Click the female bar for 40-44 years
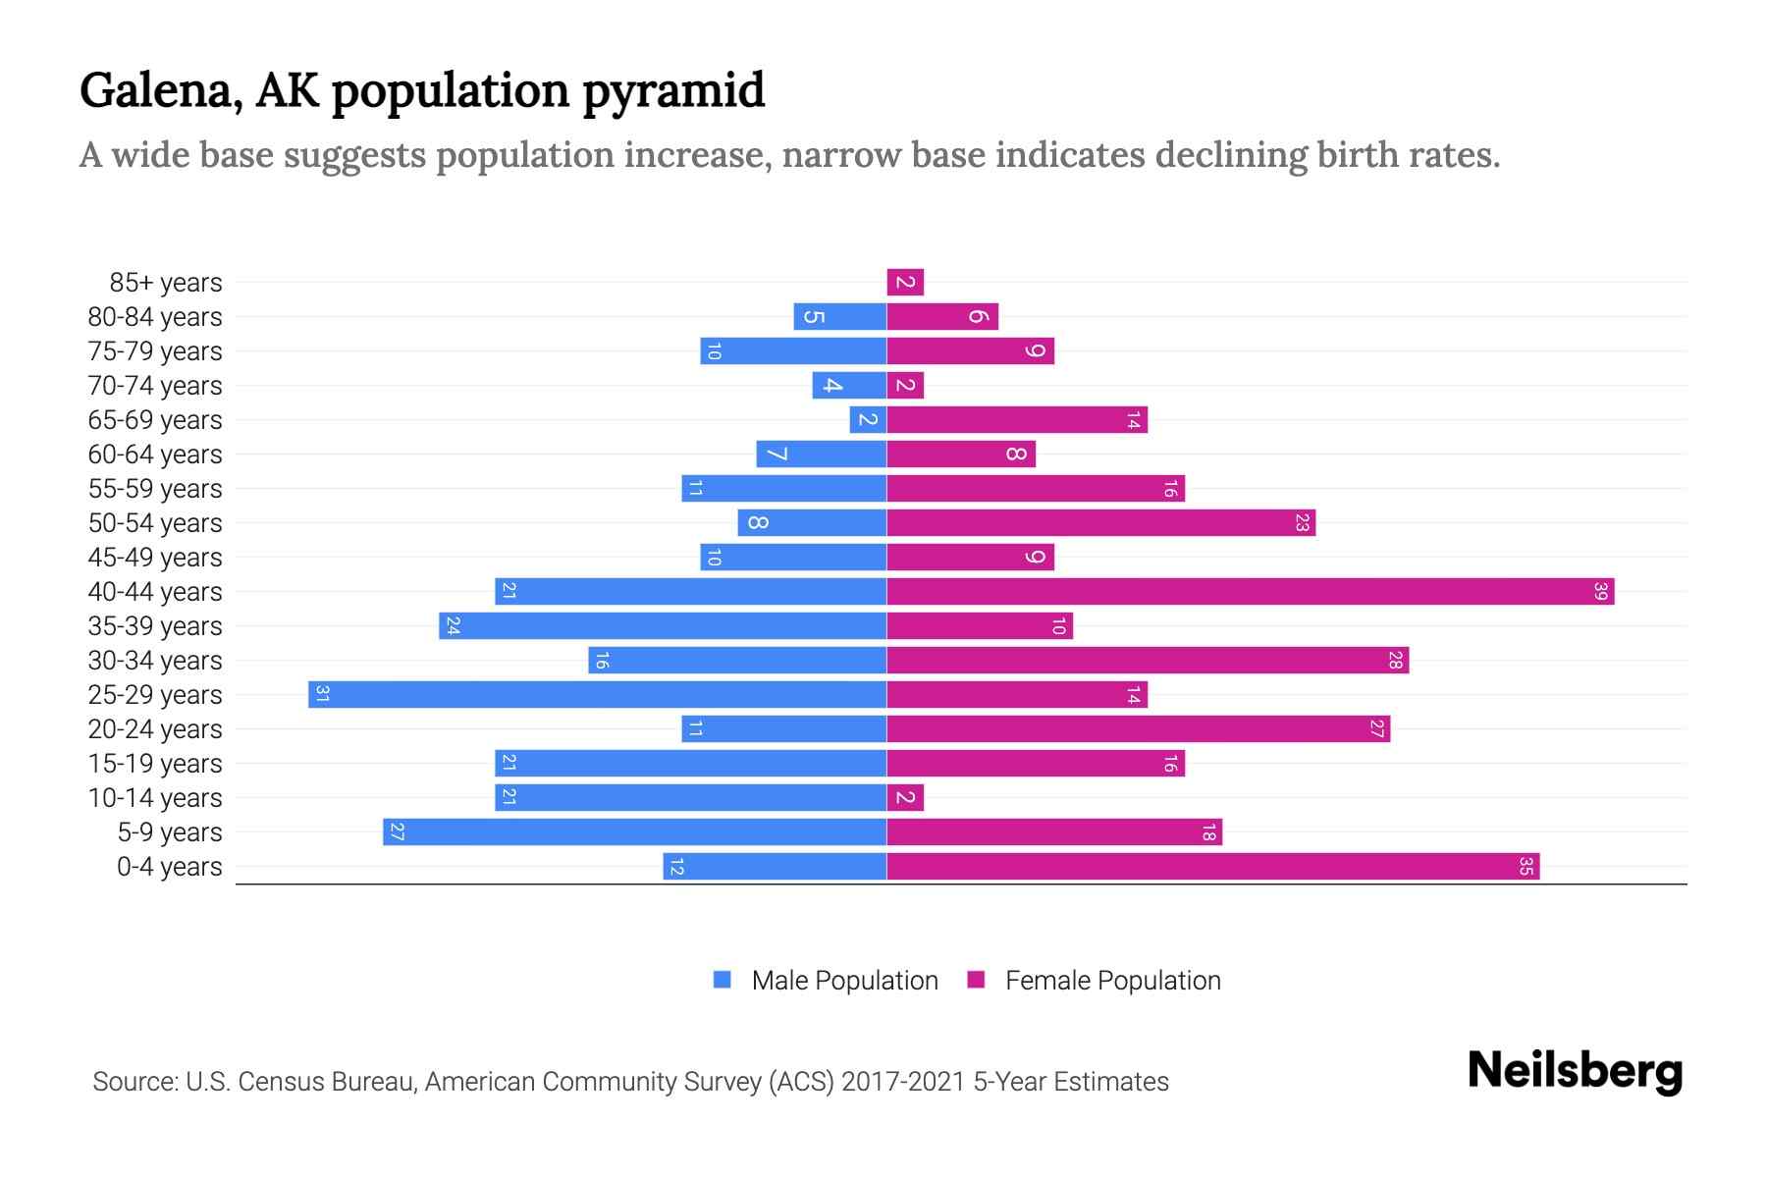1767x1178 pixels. [1250, 592]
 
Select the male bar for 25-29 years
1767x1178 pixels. [597, 695]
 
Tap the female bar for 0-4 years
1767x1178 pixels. [1212, 867]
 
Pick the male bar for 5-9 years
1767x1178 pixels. [634, 832]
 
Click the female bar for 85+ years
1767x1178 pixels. [905, 283]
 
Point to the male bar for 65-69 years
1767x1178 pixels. [868, 420]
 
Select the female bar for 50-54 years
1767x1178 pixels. [1100, 523]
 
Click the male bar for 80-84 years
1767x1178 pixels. [839, 317]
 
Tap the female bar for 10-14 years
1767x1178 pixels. [905, 798]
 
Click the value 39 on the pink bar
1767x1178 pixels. [1601, 592]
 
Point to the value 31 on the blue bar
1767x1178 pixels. [322, 695]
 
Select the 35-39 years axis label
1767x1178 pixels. [155, 626]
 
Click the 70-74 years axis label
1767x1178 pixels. [155, 386]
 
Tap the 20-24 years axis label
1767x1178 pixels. [155, 729]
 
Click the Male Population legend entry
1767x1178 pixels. [843, 981]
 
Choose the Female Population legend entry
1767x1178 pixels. [1112, 981]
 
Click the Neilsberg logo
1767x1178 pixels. [1575, 1071]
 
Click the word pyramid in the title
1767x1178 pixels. [672, 91]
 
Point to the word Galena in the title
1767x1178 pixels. [161, 91]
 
